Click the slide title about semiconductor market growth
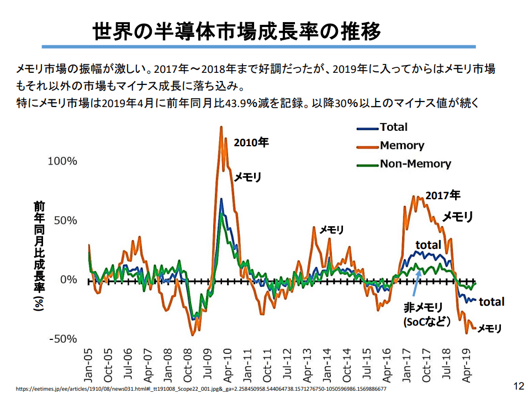click(236, 31)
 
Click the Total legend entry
click(393, 127)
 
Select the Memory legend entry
click(402, 146)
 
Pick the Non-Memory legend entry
click(415, 164)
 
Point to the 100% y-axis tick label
click(62, 161)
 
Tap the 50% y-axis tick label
click(65, 220)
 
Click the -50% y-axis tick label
click(63, 339)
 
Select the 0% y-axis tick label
click(68, 280)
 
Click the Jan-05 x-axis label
click(88, 365)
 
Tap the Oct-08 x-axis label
click(188, 365)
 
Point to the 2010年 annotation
click(251, 142)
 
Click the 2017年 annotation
click(442, 195)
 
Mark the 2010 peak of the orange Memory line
click(221, 128)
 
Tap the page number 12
click(518, 385)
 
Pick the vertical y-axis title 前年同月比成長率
click(39, 257)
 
